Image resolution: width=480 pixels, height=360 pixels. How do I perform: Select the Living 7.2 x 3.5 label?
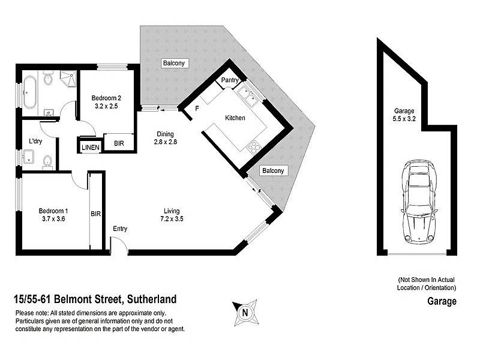(172, 215)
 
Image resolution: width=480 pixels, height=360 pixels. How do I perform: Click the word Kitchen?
(235, 118)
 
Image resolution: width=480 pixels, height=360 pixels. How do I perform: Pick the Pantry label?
(230, 80)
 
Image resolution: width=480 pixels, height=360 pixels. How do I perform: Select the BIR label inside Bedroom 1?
(95, 213)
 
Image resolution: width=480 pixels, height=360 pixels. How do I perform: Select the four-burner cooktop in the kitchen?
(254, 146)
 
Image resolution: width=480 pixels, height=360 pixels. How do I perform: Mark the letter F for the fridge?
(197, 109)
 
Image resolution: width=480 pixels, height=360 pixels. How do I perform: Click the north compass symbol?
(244, 311)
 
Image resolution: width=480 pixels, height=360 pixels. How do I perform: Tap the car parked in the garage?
(418, 200)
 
